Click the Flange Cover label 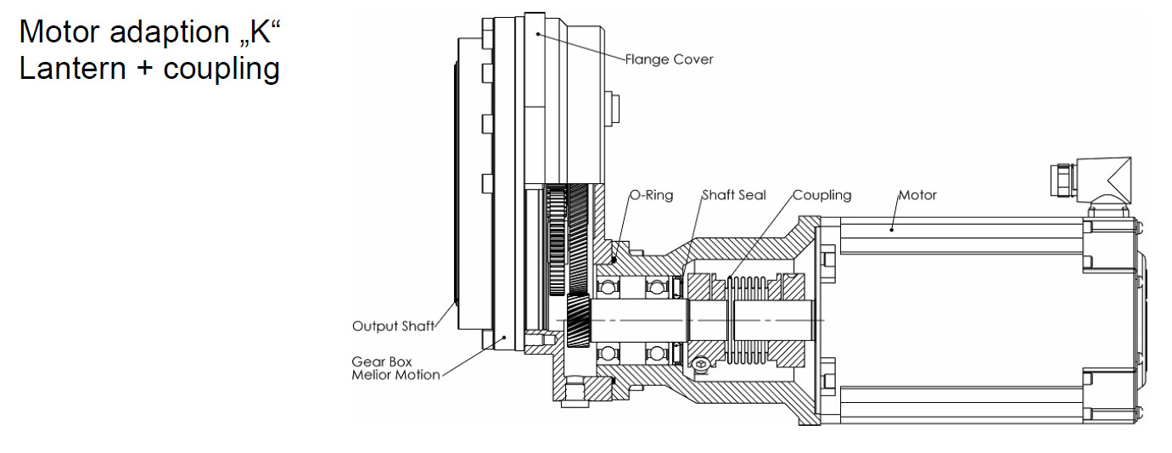[669, 59]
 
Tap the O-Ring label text [651, 195]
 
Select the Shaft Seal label [733, 195]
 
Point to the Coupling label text [822, 196]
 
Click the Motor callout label [917, 195]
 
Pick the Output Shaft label [393, 327]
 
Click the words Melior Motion [395, 375]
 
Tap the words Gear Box [381, 361]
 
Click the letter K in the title [260, 32]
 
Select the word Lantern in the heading [73, 69]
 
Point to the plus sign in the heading [146, 70]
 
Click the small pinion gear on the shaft [578, 320]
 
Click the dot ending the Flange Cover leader [538, 34]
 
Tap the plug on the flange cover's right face [612, 108]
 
